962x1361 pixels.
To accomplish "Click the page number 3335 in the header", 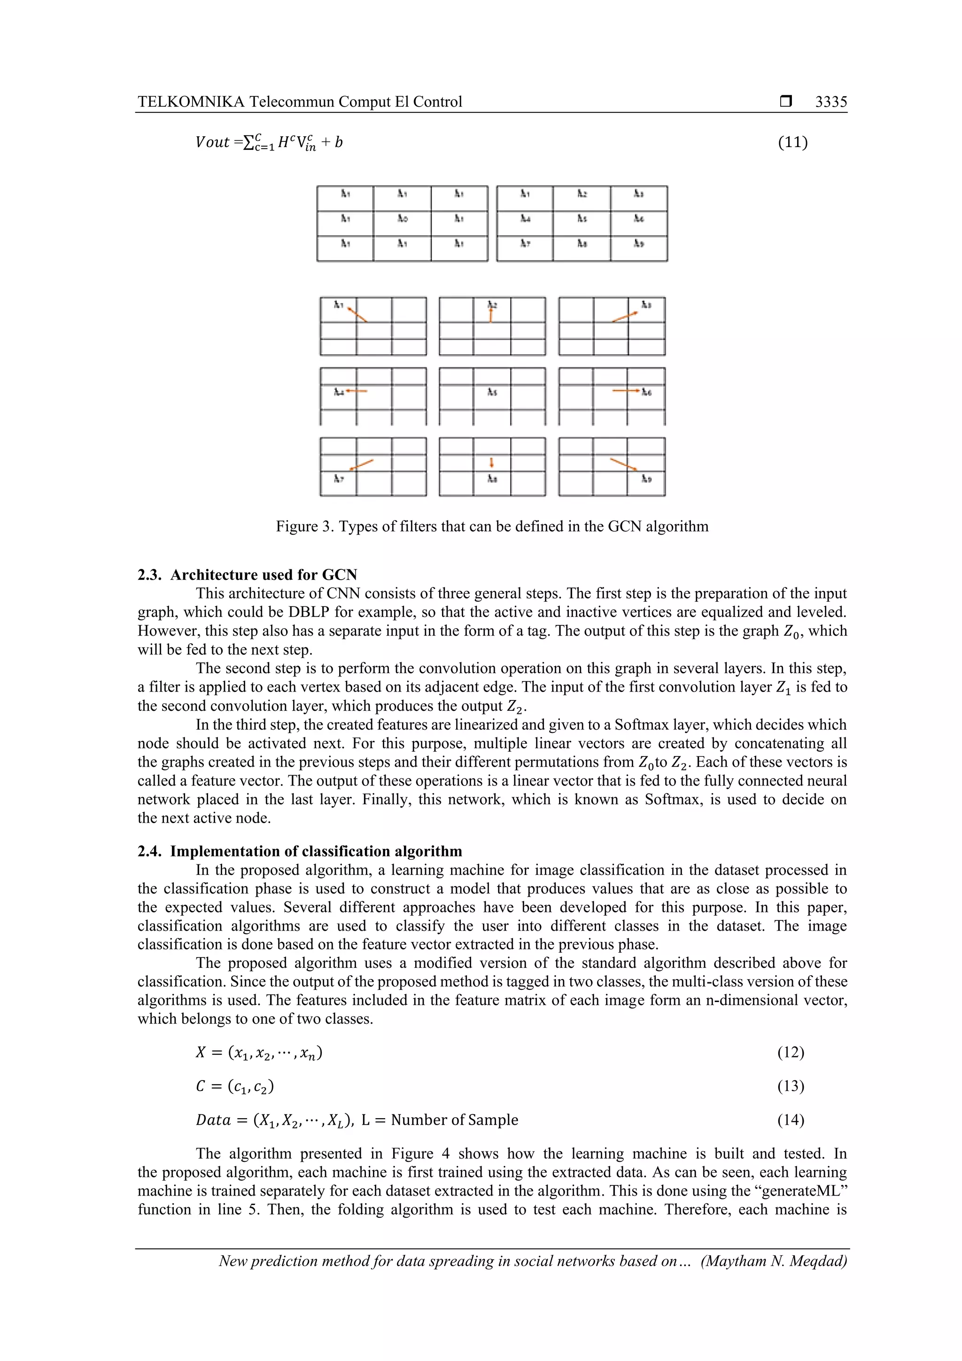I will (x=830, y=102).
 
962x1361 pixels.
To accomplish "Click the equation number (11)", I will (x=792, y=142).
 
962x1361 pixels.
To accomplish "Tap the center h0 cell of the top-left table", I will (x=403, y=219).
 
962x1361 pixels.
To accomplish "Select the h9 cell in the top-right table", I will (x=638, y=244).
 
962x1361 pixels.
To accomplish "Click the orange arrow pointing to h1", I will (x=357, y=315).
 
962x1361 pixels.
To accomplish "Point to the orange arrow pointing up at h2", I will (x=491, y=314).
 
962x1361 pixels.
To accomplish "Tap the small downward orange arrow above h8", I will (x=491, y=462).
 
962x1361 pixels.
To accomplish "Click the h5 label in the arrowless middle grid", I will (x=492, y=392).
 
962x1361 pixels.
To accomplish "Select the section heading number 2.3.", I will (x=149, y=575).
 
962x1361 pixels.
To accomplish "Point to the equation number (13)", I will (x=790, y=1086).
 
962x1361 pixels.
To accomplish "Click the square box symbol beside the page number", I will (x=786, y=101).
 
